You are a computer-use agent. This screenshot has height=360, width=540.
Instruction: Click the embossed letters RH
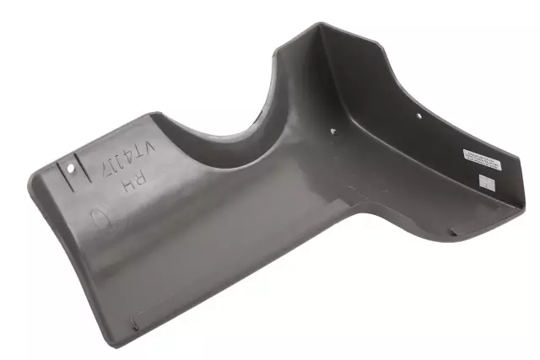click(x=133, y=180)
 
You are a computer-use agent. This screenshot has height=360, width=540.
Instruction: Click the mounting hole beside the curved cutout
click(x=332, y=132)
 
